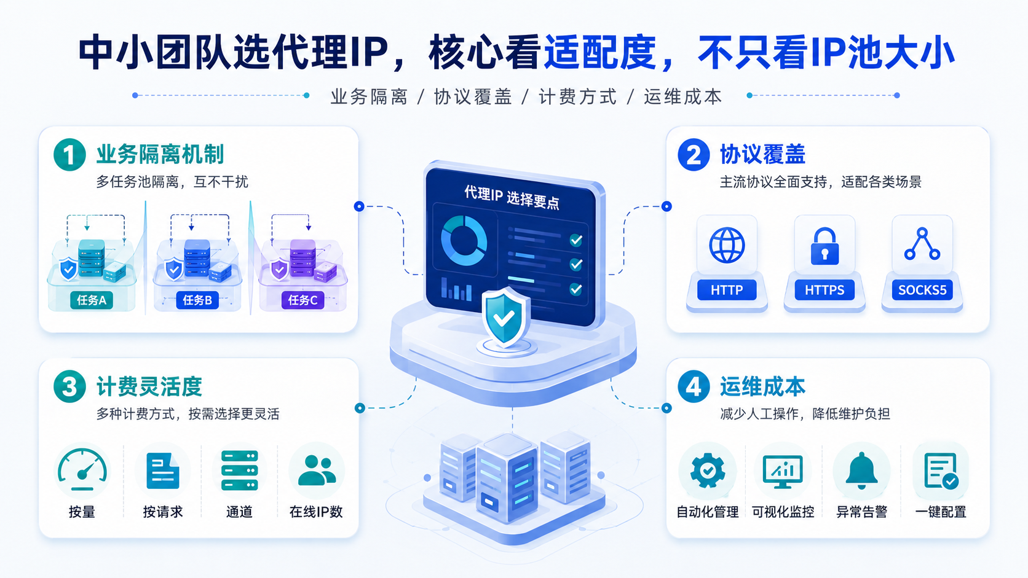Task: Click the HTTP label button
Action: click(727, 290)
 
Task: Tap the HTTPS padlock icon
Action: click(824, 246)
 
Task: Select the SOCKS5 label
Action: click(922, 290)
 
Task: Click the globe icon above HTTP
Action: click(727, 245)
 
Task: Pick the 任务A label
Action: click(92, 300)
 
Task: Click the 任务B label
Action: click(197, 300)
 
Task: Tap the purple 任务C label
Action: click(302, 300)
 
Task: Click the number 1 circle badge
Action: click(69, 155)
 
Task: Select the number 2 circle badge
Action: click(694, 155)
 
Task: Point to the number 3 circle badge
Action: click(69, 386)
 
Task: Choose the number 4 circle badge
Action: click(694, 386)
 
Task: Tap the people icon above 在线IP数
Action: click(317, 471)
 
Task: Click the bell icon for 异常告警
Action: click(861, 470)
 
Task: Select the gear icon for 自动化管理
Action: click(708, 471)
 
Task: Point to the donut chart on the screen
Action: click(464, 241)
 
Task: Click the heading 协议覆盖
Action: click(763, 154)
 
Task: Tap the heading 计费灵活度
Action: click(149, 386)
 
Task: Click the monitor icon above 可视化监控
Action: click(783, 471)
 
